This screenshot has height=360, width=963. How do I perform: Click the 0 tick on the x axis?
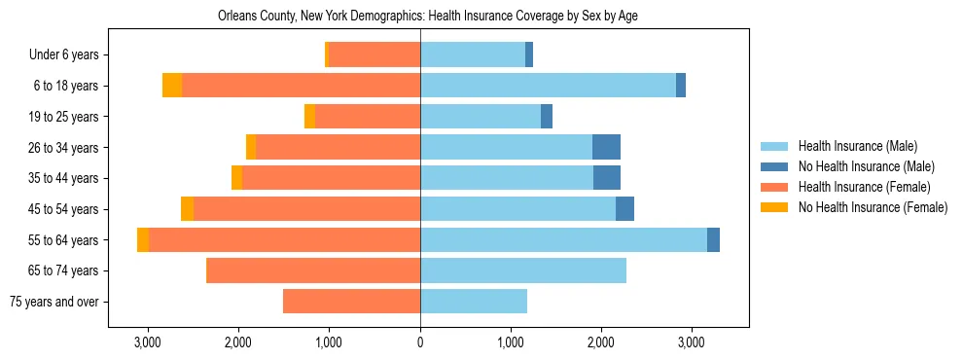pos(420,342)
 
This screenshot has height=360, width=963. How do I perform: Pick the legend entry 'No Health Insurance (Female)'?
pos(873,207)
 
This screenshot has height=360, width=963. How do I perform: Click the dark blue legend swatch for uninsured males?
pos(774,166)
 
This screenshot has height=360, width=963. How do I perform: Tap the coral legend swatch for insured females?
pos(774,187)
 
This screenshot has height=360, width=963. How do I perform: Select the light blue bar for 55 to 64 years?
pos(563,239)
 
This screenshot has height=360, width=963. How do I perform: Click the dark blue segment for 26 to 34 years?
pos(606,147)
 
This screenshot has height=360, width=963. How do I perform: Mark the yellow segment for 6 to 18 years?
pos(172,86)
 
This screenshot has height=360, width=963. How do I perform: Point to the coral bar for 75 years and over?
pos(351,302)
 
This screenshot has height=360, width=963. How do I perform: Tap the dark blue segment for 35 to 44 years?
pos(607,178)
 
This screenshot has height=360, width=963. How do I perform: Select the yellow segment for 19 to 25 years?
pos(309,117)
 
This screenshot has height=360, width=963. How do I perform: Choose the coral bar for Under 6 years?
pos(374,55)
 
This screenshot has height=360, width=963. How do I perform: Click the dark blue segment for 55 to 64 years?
pos(713,239)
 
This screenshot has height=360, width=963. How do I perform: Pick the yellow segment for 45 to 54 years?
pos(187,209)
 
